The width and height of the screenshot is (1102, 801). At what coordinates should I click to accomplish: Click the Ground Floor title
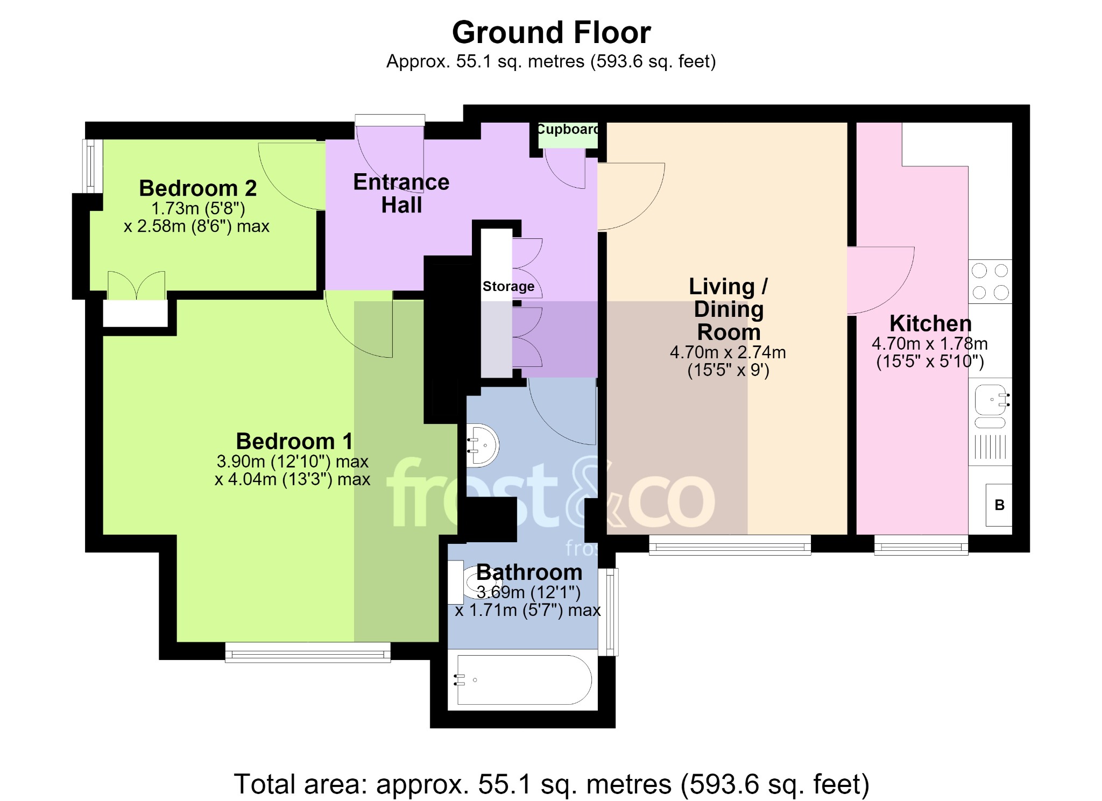(551, 32)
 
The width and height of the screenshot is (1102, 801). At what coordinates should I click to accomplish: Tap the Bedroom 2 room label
(197, 188)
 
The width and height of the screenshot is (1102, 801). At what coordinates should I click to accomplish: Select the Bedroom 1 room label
(294, 441)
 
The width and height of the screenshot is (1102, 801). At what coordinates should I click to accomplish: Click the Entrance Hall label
(401, 194)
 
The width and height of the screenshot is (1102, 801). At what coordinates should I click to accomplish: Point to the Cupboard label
(568, 129)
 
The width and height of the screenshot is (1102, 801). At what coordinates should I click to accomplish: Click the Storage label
(508, 286)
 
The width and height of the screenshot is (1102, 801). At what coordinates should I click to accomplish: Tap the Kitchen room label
(930, 323)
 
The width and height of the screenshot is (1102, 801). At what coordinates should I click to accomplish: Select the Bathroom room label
(529, 572)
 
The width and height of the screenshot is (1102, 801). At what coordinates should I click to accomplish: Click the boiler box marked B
(999, 505)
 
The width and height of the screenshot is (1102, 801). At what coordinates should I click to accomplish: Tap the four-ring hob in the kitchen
(990, 281)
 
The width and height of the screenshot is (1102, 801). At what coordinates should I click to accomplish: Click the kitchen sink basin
(991, 400)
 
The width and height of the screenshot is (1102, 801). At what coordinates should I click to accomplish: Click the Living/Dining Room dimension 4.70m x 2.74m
(728, 352)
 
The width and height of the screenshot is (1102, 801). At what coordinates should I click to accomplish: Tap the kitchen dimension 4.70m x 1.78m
(930, 344)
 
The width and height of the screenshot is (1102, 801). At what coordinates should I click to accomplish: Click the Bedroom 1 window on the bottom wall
(308, 653)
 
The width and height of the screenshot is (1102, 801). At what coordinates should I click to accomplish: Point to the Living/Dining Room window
(730, 545)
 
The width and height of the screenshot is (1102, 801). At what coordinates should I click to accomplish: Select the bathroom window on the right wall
(609, 612)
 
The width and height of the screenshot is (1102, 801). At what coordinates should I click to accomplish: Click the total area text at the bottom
(552, 784)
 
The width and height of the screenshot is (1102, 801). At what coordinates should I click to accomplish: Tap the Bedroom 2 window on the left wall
(92, 166)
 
